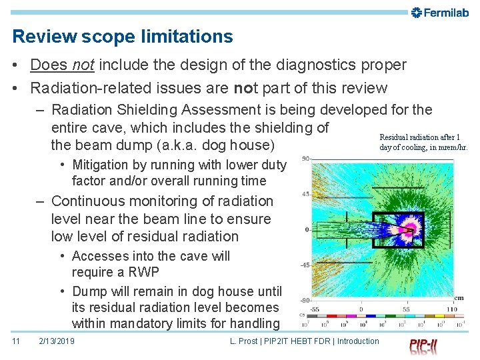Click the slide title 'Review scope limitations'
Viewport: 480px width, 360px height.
point(123,37)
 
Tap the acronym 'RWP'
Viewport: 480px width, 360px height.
point(144,272)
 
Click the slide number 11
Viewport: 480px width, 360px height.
point(17,341)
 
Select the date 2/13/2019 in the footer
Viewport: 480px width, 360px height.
point(57,341)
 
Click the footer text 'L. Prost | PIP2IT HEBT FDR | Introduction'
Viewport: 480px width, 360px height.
point(304,341)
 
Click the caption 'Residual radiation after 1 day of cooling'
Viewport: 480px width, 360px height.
point(423,142)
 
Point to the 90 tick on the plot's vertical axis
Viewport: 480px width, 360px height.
point(304,159)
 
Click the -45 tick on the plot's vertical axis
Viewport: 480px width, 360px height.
point(303,265)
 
